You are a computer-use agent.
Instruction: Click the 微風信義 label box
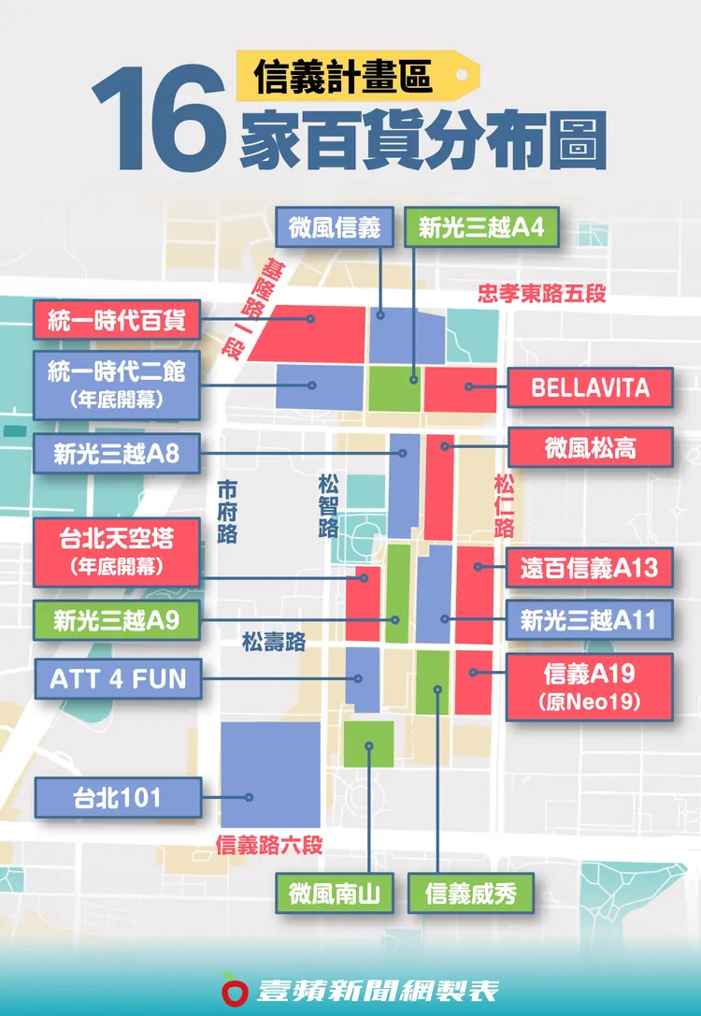coord(334,228)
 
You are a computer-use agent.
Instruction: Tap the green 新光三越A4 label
coord(481,228)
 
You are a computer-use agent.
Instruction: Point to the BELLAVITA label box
coord(590,387)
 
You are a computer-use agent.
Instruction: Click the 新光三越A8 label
coord(117,454)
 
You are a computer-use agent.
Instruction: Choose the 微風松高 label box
coord(590,447)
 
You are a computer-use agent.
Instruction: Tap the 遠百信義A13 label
coord(590,567)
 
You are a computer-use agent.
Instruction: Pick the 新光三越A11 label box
coord(590,619)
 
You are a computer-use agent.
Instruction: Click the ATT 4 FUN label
coord(117,677)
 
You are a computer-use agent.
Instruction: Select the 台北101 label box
coord(117,798)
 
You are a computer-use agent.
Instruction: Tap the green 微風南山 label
coord(334,893)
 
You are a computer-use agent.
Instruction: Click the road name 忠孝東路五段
coord(541,294)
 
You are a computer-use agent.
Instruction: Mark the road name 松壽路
coord(273,642)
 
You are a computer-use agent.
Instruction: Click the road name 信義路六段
coord(269,846)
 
